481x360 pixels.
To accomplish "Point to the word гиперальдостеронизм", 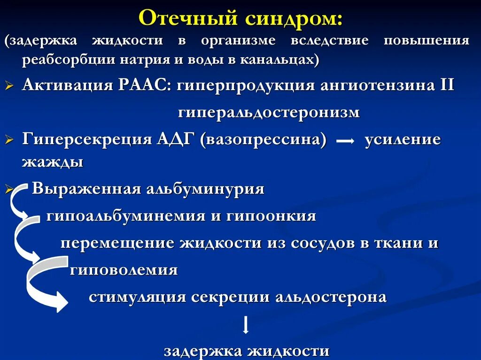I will [x=269, y=113].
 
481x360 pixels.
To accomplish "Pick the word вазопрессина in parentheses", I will [x=263, y=140].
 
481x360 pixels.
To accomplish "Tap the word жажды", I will [x=53, y=162].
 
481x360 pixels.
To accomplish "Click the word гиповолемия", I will [x=124, y=270].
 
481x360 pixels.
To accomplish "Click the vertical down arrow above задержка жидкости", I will [x=245, y=325].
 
